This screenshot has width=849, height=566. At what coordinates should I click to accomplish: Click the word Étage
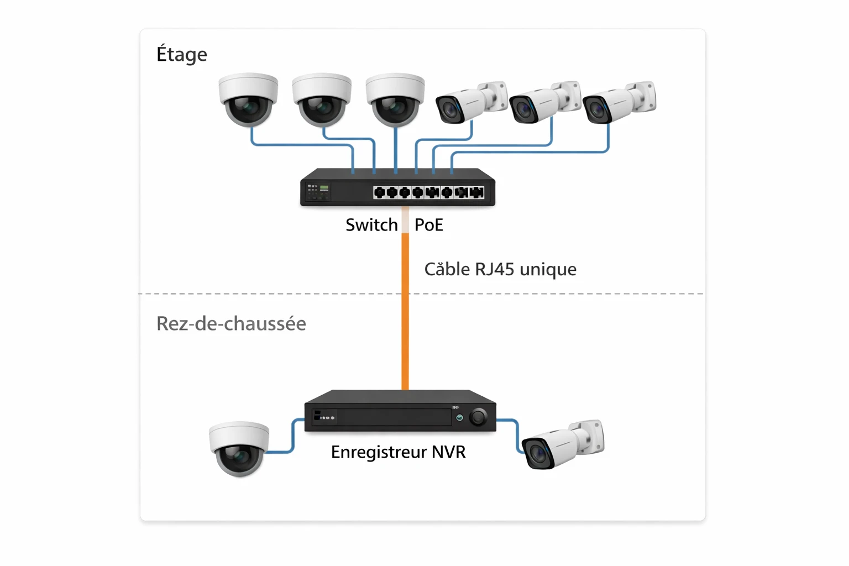coord(182,54)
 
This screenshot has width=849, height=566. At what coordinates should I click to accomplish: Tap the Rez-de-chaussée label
coord(231,323)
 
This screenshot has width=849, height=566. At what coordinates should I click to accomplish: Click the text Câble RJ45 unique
coord(500,269)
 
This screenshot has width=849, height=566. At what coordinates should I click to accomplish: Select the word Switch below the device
coord(371,225)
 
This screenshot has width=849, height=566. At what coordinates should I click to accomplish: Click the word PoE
coord(429,225)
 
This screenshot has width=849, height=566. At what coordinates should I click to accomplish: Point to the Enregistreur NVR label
coord(398,452)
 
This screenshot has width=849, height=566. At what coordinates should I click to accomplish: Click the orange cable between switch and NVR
coord(405,332)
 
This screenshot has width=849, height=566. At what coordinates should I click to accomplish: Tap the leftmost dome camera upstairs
coord(248,99)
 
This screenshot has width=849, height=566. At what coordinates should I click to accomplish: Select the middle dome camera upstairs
coord(322,99)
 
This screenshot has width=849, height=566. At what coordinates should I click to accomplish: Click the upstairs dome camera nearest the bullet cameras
coord(395,99)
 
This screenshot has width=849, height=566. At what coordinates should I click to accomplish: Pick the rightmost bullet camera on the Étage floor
coord(619,102)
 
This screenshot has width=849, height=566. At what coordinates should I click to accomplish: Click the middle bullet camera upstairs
coord(545,102)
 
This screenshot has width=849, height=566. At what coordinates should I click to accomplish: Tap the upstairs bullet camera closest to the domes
coord(471,102)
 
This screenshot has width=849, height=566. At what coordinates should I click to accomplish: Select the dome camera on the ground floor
coord(239,448)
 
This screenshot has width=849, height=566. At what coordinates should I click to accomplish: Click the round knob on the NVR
coord(478,417)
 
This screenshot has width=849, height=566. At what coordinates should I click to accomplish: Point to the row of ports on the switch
coord(429,192)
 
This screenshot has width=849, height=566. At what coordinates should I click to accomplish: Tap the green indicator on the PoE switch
coord(324,188)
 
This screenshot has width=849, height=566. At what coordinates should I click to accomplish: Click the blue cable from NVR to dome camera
coord(292,437)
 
